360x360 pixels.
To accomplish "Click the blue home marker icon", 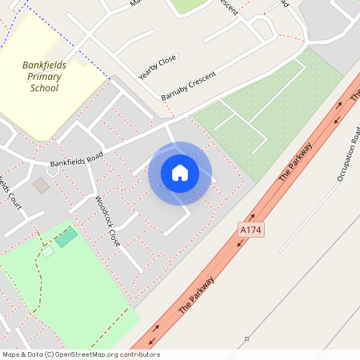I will tap(180, 173).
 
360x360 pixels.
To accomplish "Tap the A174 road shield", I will tap(250, 230).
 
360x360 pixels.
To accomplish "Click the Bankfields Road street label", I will tap(77, 156).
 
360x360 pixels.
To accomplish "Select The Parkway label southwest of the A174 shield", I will tap(197, 294).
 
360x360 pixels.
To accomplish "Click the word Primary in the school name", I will tap(45, 78).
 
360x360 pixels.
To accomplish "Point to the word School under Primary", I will tap(44, 88).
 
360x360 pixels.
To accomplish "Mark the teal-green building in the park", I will tap(67, 237).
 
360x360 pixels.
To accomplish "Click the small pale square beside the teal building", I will tap(48, 251).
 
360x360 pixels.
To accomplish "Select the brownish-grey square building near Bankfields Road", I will tap(41, 186).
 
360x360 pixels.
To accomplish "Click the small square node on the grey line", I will tap(247, 338).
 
